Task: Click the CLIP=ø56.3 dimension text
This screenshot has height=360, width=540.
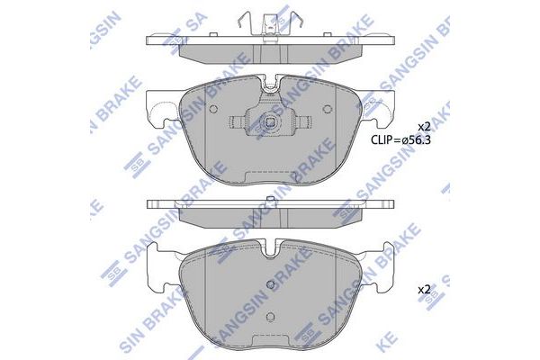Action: [400, 139]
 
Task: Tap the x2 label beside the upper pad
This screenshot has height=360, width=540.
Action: [424, 127]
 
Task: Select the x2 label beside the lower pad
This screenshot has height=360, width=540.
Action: [424, 290]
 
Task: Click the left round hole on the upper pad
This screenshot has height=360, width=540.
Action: [213, 109]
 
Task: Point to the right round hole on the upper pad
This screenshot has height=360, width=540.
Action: [328, 109]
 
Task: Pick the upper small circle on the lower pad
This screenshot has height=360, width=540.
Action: [271, 284]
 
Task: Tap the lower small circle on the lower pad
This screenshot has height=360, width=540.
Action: [271, 317]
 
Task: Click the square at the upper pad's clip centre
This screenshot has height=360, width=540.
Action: [271, 122]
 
